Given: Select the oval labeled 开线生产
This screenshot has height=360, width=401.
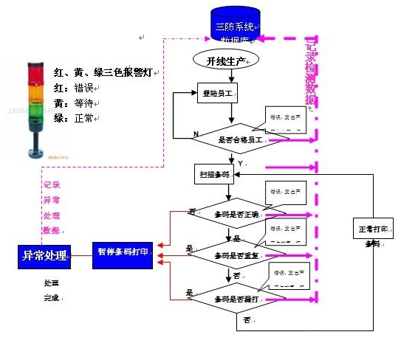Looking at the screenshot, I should (x=229, y=58).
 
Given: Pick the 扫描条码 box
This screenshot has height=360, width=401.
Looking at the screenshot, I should (x=214, y=175).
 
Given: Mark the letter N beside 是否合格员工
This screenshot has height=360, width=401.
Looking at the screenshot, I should (x=196, y=134).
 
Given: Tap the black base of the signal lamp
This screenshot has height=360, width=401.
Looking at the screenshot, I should (x=33, y=153).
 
